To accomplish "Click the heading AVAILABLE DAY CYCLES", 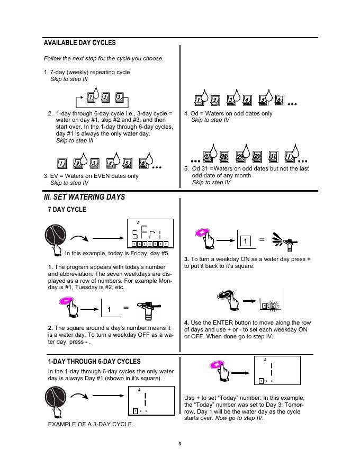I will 79,43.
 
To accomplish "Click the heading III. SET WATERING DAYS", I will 84,197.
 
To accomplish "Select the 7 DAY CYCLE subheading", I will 67,210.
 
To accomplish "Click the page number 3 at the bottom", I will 180,444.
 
